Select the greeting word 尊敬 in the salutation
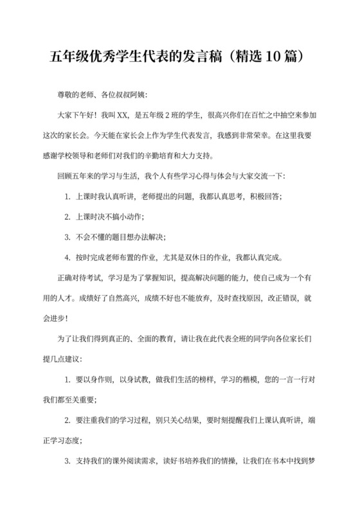click(66, 96)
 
